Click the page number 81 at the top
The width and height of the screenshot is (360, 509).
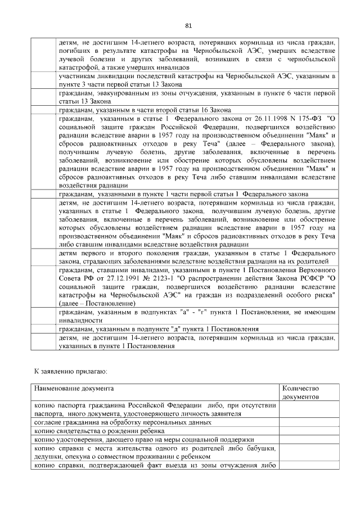[188, 25]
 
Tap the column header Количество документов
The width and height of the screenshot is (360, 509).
[301, 393]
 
